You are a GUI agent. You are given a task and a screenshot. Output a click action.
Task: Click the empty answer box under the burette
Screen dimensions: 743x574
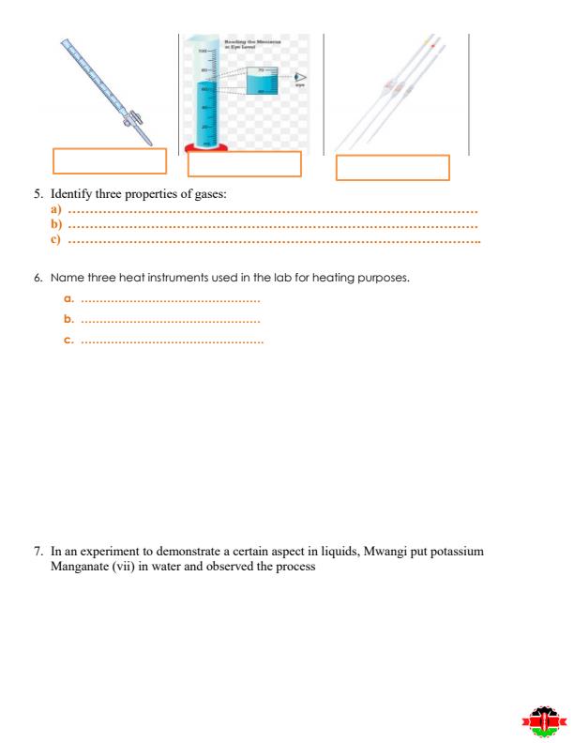pyautogui.click(x=110, y=161)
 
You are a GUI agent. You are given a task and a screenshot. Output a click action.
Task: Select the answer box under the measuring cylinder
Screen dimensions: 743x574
pyautogui.click(x=244, y=164)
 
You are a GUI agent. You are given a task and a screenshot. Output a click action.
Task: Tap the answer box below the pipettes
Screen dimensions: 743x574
pyautogui.click(x=392, y=168)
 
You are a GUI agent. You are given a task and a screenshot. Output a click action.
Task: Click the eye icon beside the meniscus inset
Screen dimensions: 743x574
pyautogui.click(x=301, y=79)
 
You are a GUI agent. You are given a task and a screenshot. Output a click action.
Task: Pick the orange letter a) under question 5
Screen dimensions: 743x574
pyautogui.click(x=56, y=211)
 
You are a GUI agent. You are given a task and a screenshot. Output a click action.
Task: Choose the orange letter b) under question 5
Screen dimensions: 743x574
pyautogui.click(x=56, y=225)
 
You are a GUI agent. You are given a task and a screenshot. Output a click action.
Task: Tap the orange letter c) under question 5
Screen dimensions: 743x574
pyautogui.click(x=56, y=240)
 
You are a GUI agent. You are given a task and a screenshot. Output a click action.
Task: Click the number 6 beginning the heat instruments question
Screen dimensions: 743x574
pyautogui.click(x=37, y=278)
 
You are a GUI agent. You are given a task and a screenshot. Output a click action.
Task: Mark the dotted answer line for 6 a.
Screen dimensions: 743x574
pyautogui.click(x=170, y=300)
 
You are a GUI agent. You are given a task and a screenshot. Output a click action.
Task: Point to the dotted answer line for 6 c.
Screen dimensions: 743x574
pyautogui.click(x=173, y=341)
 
